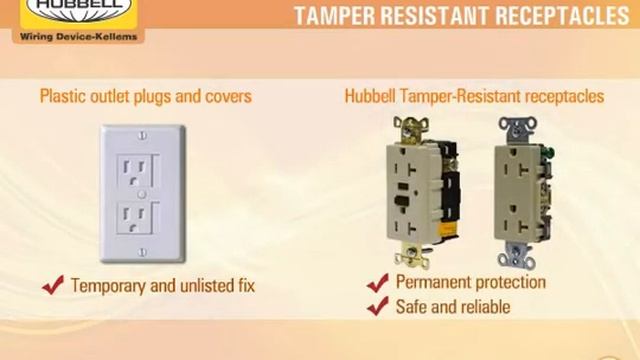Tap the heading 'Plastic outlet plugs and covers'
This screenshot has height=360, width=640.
click(145, 97)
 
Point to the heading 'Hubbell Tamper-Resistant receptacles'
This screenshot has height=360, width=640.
click(474, 97)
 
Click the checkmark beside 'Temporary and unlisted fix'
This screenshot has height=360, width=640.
click(53, 285)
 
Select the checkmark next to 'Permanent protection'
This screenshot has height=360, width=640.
click(377, 283)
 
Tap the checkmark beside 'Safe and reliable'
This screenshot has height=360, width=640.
click(377, 307)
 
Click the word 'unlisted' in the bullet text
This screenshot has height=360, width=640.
click(188, 286)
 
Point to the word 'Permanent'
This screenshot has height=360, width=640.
click(436, 282)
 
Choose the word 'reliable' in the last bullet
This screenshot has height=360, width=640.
click(482, 307)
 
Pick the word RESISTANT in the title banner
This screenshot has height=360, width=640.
click(445, 15)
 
